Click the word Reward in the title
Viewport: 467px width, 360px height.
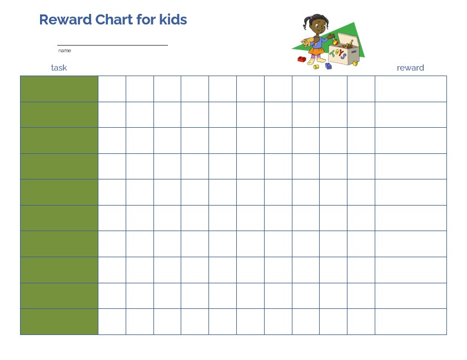point(66,19)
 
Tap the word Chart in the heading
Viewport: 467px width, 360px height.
point(114,19)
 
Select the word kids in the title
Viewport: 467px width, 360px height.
point(173,19)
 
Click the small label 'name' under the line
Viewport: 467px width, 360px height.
point(64,51)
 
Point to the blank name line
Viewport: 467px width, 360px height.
point(112,45)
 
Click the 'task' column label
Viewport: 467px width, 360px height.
point(59,68)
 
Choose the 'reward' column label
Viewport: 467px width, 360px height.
point(410,68)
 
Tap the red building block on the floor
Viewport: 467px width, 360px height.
point(302,59)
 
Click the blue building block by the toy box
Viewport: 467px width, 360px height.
point(329,66)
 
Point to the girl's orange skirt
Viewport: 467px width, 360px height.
point(316,51)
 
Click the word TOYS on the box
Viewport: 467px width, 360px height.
point(338,54)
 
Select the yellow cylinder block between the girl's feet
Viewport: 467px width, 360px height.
point(316,67)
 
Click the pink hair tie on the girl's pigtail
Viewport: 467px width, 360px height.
point(310,18)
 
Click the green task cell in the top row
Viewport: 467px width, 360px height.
point(59,89)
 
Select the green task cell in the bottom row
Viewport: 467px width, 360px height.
point(59,322)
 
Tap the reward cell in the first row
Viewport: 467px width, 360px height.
point(411,89)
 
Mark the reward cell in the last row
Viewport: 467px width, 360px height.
point(411,322)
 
